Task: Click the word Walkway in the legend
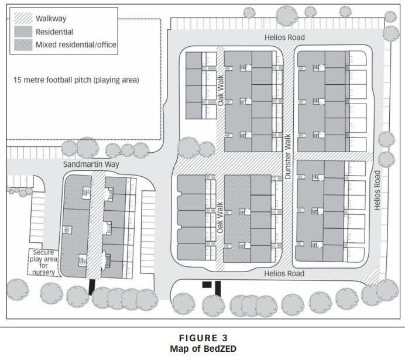pyautogui.click(x=51, y=18)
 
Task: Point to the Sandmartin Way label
pyautogui.click(x=91, y=164)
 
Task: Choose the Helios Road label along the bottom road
pyautogui.click(x=283, y=273)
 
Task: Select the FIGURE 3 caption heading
pyautogui.click(x=202, y=338)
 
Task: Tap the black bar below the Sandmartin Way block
pyautogui.click(x=91, y=286)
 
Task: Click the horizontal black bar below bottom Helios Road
pyautogui.click(x=206, y=284)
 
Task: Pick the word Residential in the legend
pyautogui.click(x=54, y=32)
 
